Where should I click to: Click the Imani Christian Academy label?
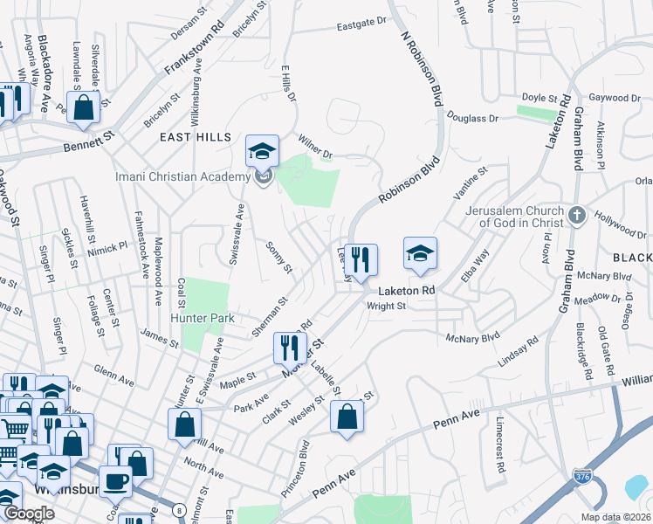[183, 178]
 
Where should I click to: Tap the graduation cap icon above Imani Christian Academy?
[262, 152]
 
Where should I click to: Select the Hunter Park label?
[203, 319]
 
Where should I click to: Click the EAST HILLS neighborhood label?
[196, 137]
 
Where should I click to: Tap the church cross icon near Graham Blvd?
[576, 215]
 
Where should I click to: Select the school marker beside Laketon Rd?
[420, 254]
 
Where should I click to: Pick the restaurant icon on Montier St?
[290, 349]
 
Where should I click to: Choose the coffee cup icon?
[115, 481]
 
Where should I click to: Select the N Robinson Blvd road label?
[416, 70]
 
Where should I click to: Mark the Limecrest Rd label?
[500, 449]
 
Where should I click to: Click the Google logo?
[29, 514]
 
